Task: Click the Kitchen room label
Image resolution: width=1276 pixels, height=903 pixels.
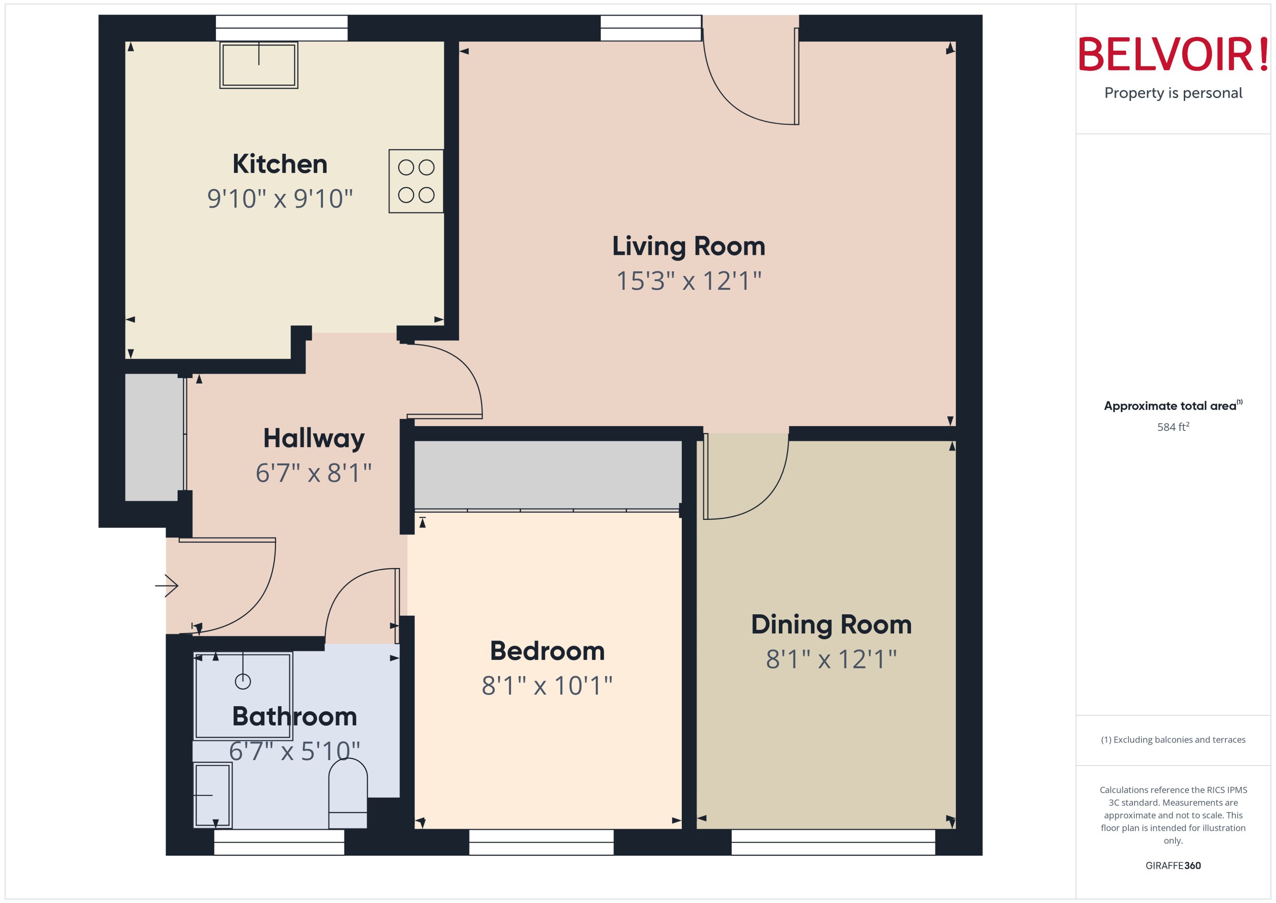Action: (280, 164)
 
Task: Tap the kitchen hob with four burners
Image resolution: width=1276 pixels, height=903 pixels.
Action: (416, 181)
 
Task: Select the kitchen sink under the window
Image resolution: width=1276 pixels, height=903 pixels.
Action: (258, 65)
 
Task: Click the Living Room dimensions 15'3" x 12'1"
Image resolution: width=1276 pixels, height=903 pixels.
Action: (688, 281)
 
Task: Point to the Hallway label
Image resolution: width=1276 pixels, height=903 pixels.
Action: (314, 438)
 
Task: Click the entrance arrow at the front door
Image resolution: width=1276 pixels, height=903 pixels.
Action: (167, 585)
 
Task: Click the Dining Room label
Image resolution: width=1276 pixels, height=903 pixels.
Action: (831, 624)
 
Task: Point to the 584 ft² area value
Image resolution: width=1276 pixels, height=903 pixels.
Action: (1172, 427)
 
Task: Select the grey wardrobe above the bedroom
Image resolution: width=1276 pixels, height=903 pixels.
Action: (548, 474)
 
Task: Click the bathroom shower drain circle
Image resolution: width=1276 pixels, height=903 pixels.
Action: (243, 681)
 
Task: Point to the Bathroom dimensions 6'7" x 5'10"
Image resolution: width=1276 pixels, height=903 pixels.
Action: (294, 751)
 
